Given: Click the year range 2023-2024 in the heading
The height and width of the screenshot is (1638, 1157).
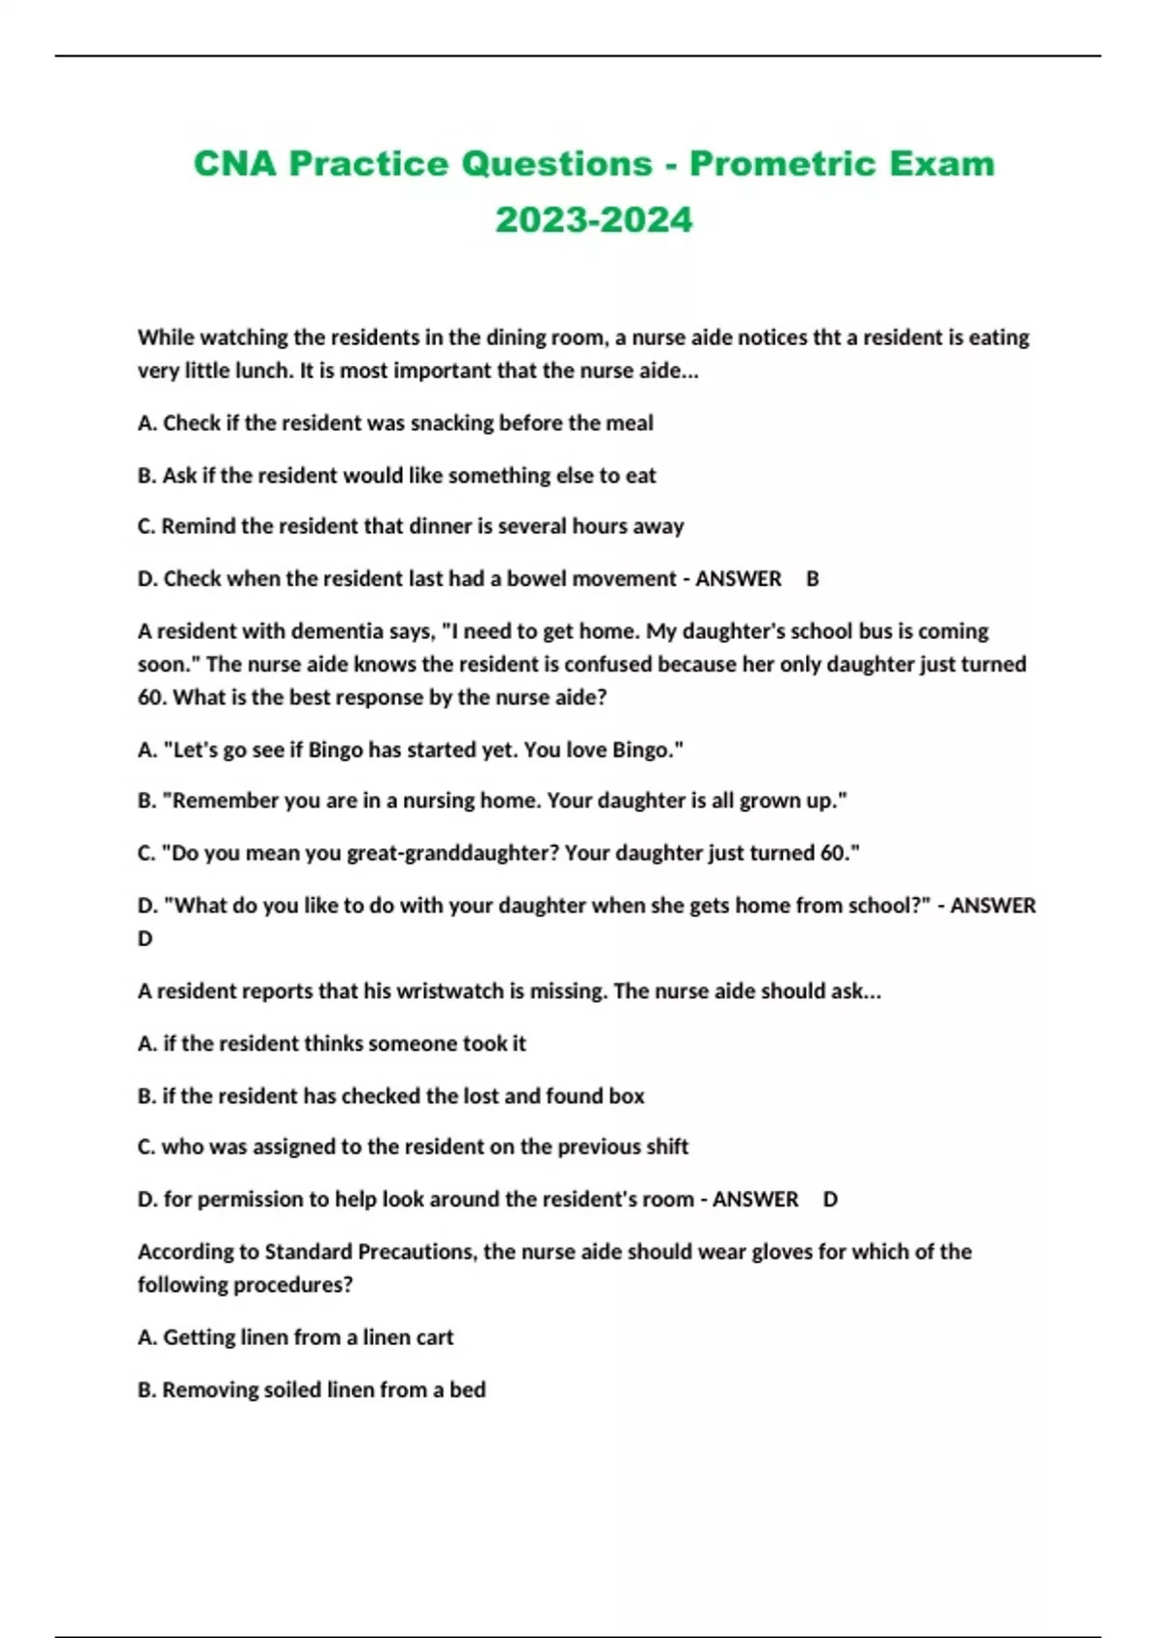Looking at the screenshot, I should click(594, 220).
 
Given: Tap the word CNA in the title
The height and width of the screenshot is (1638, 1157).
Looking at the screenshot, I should click(234, 164).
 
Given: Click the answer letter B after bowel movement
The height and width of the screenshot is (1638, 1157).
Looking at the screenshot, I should click(813, 579).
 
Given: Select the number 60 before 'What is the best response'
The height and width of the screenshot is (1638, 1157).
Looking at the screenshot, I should click(151, 698).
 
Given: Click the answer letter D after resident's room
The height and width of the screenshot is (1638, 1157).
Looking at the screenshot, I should click(830, 1200).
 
